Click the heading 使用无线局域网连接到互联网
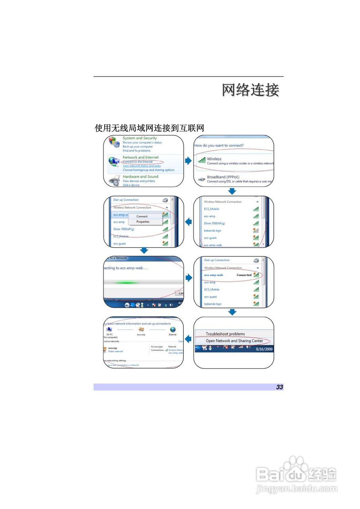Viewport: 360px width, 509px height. pyautogui.click(x=149, y=128)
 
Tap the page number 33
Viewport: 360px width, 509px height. pyautogui.click(x=280, y=387)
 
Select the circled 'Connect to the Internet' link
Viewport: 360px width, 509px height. pyautogui.click(x=138, y=162)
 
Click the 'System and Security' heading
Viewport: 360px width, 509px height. pyautogui.click(x=140, y=138)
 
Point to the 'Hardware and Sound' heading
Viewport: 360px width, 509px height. pyautogui.click(x=140, y=177)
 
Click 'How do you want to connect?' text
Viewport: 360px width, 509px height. pyautogui.click(x=219, y=146)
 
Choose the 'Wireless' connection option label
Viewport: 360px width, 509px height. pyautogui.click(x=214, y=159)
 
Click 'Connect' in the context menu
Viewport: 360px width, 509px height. pyautogui.click(x=142, y=216)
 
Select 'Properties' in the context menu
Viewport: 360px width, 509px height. pyautogui.click(x=143, y=222)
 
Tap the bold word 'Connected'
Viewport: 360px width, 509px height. pyautogui.click(x=244, y=275)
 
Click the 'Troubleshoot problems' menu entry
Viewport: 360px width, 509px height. pyautogui.click(x=225, y=334)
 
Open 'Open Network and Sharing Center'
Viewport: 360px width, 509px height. pyautogui.click(x=234, y=341)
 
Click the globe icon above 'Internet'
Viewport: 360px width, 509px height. pyautogui.click(x=173, y=329)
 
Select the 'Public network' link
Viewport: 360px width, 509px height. pyautogui.click(x=116, y=352)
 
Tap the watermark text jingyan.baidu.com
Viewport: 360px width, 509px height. pyautogui.click(x=297, y=488)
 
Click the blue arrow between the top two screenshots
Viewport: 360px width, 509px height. pyautogui.click(x=189, y=161)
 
